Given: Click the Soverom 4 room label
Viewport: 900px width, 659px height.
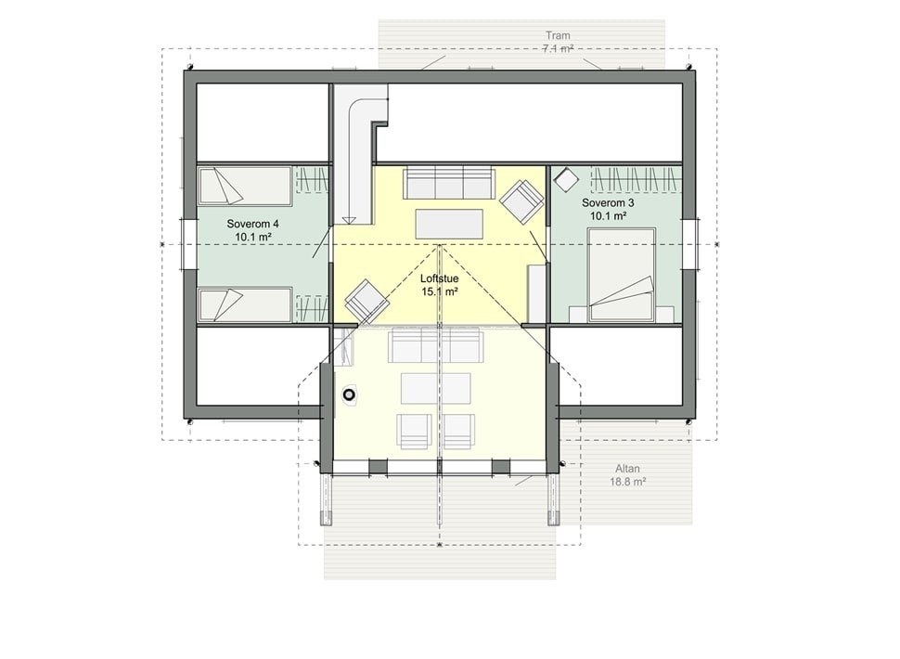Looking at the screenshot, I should pos(252,224).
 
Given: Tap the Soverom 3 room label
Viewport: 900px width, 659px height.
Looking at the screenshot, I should pos(608,202).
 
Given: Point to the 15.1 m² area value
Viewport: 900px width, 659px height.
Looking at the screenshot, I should pos(440,291).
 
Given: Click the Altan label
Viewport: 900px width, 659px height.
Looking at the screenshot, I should pos(628,469).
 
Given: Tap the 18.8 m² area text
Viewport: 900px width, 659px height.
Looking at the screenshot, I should pos(628,483).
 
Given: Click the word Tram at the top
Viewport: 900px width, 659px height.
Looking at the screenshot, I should pos(558,35).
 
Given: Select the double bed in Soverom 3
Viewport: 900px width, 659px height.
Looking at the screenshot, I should pos(622,275).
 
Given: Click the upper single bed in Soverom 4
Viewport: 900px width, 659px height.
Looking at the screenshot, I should pos(246,186).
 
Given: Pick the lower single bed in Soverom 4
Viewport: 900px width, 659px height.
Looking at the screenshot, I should pos(246,304).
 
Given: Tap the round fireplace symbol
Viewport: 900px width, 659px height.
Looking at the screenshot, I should pos(350,395).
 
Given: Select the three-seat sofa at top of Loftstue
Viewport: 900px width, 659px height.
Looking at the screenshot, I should pos(449,183).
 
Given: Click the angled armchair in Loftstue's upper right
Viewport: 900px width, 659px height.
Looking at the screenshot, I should pos(521,200).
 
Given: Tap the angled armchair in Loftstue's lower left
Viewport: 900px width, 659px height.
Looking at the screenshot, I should pos(367,301).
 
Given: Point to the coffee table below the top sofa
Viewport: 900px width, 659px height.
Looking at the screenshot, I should pos(449,225).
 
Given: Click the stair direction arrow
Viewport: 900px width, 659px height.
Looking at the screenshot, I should pos(349,219).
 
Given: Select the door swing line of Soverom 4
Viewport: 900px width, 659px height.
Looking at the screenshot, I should pos(322,243).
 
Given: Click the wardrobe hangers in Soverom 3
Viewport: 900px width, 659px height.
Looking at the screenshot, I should pos(636,178).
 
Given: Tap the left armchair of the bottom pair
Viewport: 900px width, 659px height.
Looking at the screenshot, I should pos(414,431).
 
